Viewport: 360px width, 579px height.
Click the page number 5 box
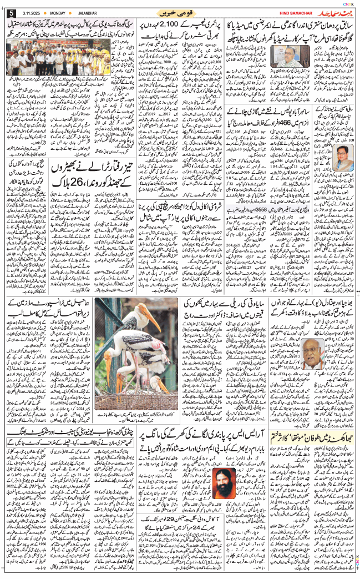[x=11, y=13]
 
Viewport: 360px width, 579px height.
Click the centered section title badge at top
[x=179, y=12]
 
